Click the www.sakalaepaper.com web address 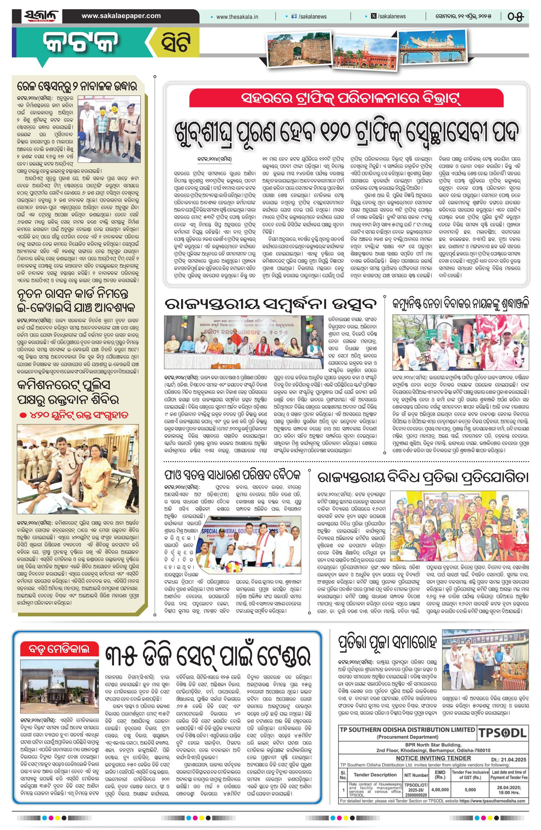(x=121, y=16)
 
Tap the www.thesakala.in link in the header (x=237, y=16)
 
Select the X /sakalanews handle (x=389, y=16)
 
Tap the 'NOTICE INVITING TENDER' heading (x=433, y=758)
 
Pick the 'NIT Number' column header (x=416, y=775)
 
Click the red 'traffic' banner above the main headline (x=346, y=99)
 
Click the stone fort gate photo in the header (x=299, y=50)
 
